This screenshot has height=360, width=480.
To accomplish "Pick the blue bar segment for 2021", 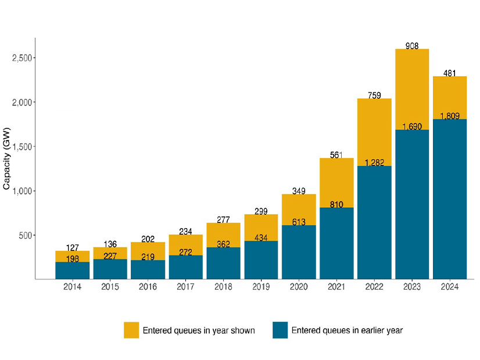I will point(336,243).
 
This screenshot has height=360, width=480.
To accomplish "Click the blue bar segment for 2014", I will point(73,271).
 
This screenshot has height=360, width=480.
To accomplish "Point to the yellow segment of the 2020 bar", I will point(299,210).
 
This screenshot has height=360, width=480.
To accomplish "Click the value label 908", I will point(412,45).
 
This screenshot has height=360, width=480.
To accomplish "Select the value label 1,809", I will point(450,116).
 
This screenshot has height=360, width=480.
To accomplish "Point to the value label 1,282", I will point(374,163).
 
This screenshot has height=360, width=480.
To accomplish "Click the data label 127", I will point(73,247).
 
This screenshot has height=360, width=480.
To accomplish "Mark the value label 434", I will point(261,238).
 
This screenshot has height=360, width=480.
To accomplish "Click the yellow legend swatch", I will point(132,330).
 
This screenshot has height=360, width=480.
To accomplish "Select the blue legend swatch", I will point(280,330).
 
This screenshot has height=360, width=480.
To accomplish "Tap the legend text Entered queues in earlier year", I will point(347,330).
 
